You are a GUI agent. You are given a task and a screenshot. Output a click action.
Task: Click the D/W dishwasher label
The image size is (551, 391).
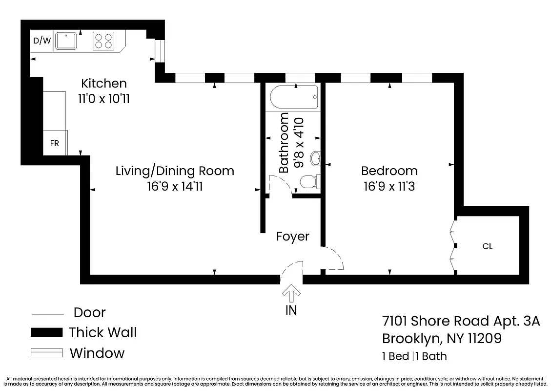(x=42, y=41)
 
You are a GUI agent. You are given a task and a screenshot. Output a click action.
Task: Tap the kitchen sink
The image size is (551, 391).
(x=65, y=41)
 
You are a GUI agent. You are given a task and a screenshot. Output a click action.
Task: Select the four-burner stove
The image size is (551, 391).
(x=103, y=41)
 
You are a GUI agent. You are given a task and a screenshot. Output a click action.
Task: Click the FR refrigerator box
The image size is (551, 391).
(x=55, y=143)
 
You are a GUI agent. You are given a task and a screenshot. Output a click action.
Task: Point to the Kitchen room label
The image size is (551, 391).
(x=103, y=83)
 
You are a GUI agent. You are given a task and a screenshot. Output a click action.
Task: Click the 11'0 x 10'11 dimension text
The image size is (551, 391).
(x=103, y=99)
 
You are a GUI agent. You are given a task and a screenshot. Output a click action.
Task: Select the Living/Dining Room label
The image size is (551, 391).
(x=175, y=171)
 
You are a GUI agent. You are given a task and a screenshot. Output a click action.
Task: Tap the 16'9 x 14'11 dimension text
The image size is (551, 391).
(x=175, y=186)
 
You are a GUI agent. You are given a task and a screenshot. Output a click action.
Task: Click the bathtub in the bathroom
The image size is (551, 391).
(x=294, y=98)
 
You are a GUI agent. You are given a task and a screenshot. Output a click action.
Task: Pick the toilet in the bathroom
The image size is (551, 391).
(x=309, y=182)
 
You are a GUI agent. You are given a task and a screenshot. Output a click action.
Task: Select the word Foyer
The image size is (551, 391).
(x=293, y=237)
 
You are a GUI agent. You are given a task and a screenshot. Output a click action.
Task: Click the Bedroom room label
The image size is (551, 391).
(x=389, y=171)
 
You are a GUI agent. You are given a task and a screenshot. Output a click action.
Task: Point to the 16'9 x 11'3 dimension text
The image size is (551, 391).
(x=389, y=186)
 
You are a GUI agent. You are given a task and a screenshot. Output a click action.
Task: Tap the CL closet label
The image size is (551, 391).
(x=487, y=246)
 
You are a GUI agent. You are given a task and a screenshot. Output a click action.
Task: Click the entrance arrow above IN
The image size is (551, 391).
(x=292, y=293)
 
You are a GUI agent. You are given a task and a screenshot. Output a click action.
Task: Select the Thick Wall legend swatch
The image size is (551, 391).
(x=47, y=333)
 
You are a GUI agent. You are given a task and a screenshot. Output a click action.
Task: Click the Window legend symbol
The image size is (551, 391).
(x=47, y=353)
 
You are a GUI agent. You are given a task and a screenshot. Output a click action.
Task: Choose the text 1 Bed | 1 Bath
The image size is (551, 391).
(x=414, y=356)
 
